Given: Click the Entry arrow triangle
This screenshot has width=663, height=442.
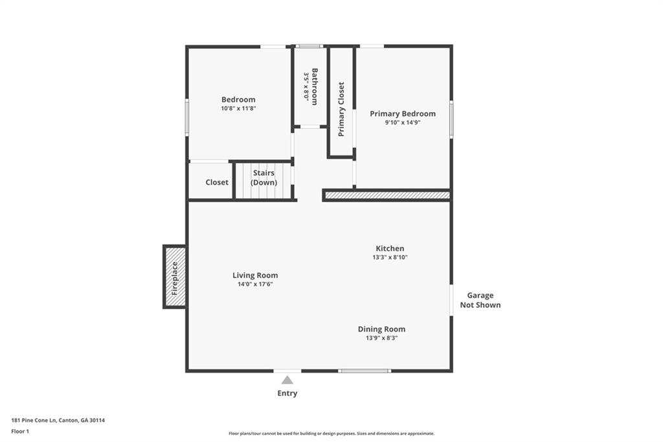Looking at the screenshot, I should coord(287,380).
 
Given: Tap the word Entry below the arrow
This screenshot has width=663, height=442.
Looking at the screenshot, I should coord(287,393).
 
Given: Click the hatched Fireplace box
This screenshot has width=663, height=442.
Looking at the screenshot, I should coord(175,277).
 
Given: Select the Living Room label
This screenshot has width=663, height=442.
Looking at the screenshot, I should coord(255,275).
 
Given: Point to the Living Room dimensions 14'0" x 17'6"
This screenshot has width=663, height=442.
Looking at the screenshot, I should coord(255,284).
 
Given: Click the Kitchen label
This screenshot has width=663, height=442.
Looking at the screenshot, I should coord(390,248).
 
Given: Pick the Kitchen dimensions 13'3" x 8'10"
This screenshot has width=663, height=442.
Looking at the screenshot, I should coord(390,257).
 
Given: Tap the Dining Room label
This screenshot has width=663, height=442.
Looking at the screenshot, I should coord(381,329).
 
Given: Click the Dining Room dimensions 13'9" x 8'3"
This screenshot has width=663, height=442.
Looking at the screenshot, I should coord(381,338).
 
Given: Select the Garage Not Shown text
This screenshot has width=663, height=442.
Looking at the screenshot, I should coord(480,300).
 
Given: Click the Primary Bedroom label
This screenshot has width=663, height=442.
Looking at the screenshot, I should coord(403,113).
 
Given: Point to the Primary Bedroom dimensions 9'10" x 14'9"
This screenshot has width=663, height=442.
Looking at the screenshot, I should coord(403,122).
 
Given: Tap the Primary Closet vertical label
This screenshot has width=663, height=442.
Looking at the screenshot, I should coord(341,109).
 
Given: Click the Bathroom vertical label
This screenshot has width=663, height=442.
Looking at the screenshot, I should coord(315,86).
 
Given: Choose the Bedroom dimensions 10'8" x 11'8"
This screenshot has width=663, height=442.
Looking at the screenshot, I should coord(238,108).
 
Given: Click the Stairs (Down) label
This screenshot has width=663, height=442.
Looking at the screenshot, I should coord(264,178).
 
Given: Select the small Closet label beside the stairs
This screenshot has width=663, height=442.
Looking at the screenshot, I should coord(217,182).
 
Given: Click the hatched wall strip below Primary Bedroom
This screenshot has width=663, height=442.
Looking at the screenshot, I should coord(387,195).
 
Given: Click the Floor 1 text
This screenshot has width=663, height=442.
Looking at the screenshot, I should coord(20,430).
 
